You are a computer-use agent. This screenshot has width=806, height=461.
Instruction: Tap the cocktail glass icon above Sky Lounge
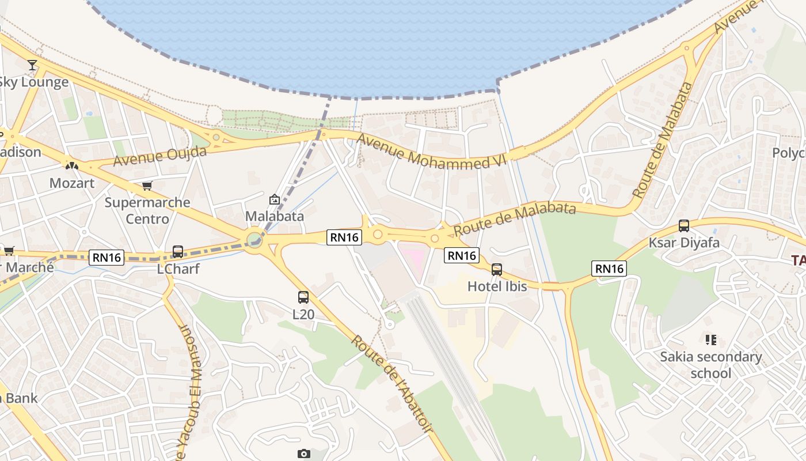(32, 65)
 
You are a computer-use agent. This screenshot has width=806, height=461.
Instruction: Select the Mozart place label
(72, 183)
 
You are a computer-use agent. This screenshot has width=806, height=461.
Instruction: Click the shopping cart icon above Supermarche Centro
(147, 186)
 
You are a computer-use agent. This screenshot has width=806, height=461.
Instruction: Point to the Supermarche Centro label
(147, 210)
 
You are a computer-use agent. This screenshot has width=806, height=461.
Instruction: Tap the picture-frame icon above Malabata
(275, 199)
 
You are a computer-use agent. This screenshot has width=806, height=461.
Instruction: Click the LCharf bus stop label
(178, 269)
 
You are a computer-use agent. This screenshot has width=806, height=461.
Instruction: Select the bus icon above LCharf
(178, 252)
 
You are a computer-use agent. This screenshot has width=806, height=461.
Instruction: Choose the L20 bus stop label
(303, 314)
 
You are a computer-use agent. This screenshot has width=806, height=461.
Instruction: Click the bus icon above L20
(303, 297)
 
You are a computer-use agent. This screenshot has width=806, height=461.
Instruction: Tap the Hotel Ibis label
(497, 286)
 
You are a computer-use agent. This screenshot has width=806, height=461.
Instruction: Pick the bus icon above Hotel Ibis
(497, 269)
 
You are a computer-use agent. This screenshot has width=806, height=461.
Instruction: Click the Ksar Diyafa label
(684, 243)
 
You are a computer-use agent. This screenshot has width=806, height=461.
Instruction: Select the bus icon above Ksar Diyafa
(684, 226)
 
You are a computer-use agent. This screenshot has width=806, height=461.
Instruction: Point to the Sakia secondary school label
(710, 365)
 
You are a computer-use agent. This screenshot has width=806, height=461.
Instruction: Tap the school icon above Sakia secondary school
(710, 340)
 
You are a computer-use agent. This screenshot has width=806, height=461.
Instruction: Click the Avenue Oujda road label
(159, 156)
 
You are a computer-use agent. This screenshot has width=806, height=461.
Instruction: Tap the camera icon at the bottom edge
(304, 454)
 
